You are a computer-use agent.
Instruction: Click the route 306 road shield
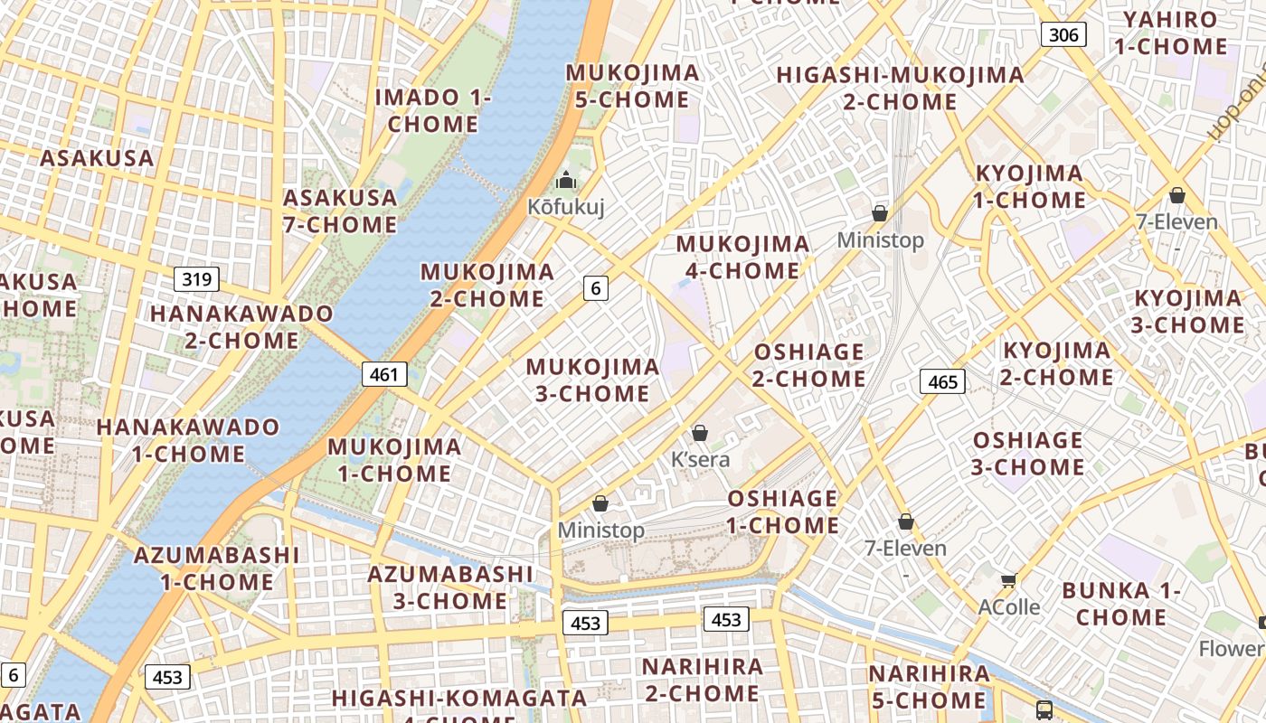pyautogui.click(x=1063, y=35)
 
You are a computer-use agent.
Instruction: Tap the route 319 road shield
pyautogui.click(x=196, y=279)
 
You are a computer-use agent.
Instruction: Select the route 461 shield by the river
pyautogui.click(x=384, y=374)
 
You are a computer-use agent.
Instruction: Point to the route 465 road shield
pyautogui.click(x=942, y=382)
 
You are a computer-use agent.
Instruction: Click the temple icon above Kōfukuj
pyautogui.click(x=566, y=180)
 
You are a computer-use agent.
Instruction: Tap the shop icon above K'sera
pyautogui.click(x=699, y=433)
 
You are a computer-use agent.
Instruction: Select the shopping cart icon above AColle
pyautogui.click(x=1008, y=580)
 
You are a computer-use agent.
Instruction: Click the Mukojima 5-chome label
pyautogui.click(x=633, y=86)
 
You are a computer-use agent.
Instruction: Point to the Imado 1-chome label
pyautogui.click(x=433, y=110)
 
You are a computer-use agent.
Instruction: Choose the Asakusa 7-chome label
pyautogui.click(x=340, y=211)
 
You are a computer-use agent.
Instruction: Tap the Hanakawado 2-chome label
pyautogui.click(x=241, y=327)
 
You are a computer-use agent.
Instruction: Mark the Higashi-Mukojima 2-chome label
pyautogui.click(x=900, y=88)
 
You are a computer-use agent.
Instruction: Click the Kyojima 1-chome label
pyautogui.click(x=1029, y=186)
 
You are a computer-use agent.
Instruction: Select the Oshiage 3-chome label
pyautogui.click(x=1027, y=454)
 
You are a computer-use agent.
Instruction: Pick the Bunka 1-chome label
pyautogui.click(x=1121, y=604)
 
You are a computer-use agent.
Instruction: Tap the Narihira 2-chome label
pyautogui.click(x=702, y=681)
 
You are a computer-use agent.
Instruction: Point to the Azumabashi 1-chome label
pyautogui.click(x=217, y=568)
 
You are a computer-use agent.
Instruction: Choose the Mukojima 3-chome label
pyautogui.click(x=592, y=380)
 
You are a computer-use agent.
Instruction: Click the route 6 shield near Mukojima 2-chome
pyautogui.click(x=595, y=288)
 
